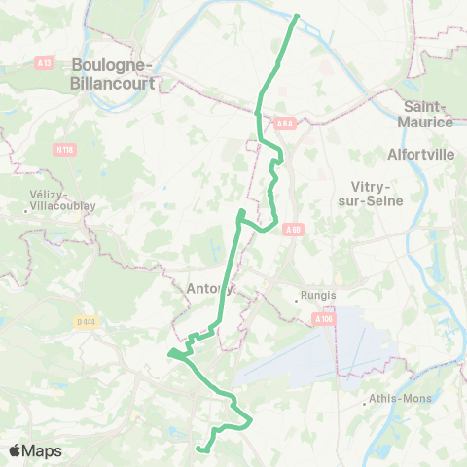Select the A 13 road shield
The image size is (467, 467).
[44, 63]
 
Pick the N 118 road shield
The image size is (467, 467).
[64, 149]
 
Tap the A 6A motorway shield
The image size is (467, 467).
[284, 124]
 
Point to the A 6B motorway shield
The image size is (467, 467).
[294, 229]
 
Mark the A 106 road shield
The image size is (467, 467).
[325, 317]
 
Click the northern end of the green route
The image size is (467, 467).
[296, 16]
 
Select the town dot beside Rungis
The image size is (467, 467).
[297, 300]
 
